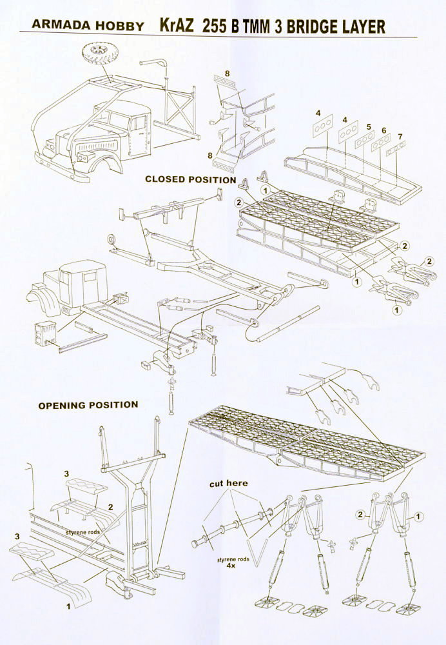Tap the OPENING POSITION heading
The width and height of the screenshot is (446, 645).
(x=88, y=405)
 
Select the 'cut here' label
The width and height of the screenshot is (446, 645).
(x=228, y=483)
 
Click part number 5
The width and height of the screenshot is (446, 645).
(x=368, y=126)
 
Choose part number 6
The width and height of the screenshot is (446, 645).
(x=384, y=130)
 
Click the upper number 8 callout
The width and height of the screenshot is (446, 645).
(x=228, y=72)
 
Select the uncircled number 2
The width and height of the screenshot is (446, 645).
(x=111, y=507)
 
